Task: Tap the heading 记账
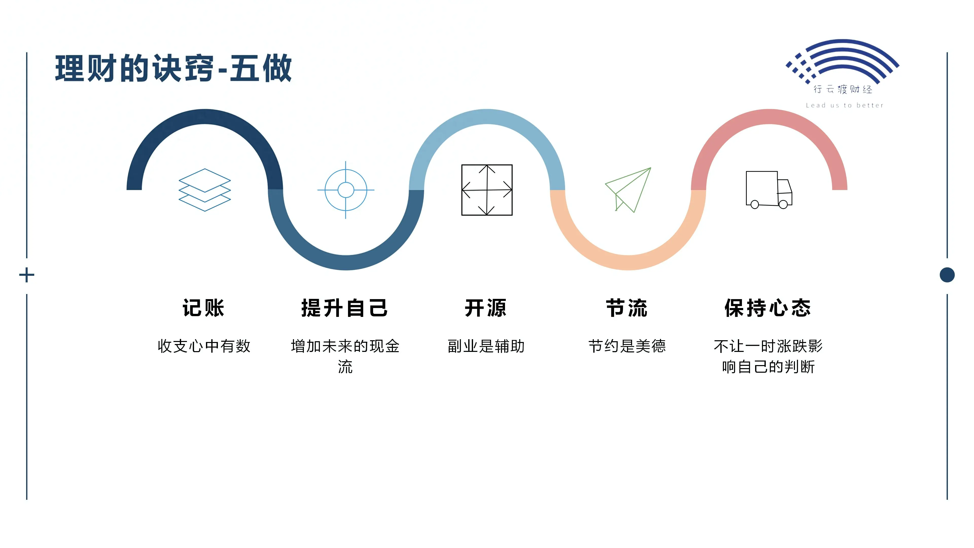pos(204,308)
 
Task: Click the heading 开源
pos(486,308)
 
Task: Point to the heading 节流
pos(627,308)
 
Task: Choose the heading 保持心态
pos(768,308)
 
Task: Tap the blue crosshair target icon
pos(345,190)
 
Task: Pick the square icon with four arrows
pos(487,190)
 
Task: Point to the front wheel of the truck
pos(783,204)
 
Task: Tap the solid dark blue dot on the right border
pos(947,275)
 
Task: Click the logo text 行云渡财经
pos(843,89)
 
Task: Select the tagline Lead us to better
pos(844,106)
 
